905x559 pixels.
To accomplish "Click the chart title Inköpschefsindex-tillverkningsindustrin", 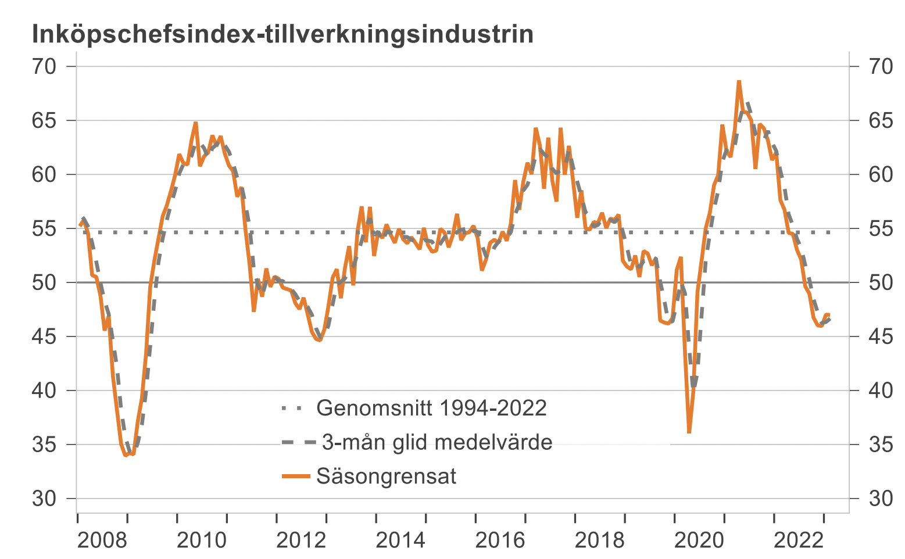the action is pyautogui.click(x=282, y=34).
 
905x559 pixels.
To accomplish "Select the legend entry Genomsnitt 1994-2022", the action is pyautogui.click(x=431, y=408).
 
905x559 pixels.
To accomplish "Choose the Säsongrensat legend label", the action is pyautogui.click(x=387, y=476).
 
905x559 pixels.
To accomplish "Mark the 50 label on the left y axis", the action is pyautogui.click(x=44, y=282).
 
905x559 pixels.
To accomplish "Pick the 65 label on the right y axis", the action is pyautogui.click(x=881, y=120).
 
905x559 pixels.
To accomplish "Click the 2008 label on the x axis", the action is pyautogui.click(x=102, y=540).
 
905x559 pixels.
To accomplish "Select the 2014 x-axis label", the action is pyautogui.click(x=400, y=540).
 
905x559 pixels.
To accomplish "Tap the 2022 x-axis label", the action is pyautogui.click(x=798, y=540).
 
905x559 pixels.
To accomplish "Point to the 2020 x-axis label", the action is pyautogui.click(x=699, y=540).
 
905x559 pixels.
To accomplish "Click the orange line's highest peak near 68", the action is pyautogui.click(x=739, y=81).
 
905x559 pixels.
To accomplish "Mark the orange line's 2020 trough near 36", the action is pyautogui.click(x=689, y=432).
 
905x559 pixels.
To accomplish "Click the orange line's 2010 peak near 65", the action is pyautogui.click(x=195, y=123).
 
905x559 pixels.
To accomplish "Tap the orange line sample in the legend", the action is pyautogui.click(x=296, y=476).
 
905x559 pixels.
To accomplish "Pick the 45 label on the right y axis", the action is pyautogui.click(x=881, y=336).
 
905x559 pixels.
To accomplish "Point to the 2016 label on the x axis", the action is pyautogui.click(x=500, y=540).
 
